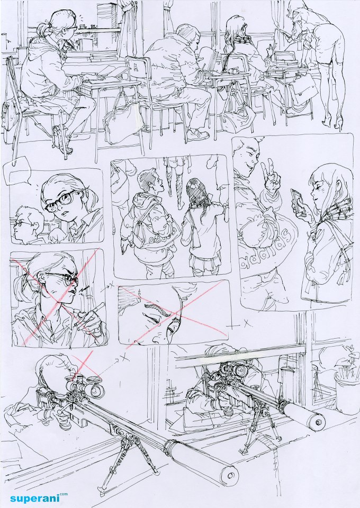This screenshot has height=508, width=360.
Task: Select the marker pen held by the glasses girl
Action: [x=88, y=313]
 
